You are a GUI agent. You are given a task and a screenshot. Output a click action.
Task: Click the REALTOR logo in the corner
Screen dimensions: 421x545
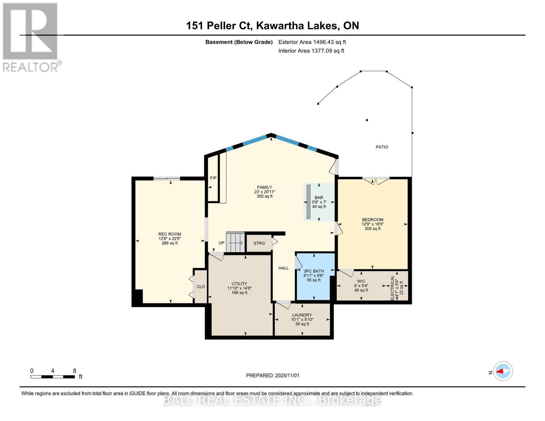point(31,37)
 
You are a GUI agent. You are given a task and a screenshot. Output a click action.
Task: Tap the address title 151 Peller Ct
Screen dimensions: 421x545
point(272,26)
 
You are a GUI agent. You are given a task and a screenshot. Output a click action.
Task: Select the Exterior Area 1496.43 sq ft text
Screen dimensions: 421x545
point(312,42)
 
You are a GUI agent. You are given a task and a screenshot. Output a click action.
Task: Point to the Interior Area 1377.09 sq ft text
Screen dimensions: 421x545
point(311,51)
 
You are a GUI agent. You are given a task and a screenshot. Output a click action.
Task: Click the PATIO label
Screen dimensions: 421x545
point(382,147)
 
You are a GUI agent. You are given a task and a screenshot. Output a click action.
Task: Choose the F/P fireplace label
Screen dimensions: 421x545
point(213,178)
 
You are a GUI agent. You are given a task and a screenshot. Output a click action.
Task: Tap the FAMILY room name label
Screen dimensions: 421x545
point(264,187)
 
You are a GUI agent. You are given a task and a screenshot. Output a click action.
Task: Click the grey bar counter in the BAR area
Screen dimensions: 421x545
point(308,202)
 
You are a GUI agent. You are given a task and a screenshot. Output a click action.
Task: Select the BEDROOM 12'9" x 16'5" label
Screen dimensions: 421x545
point(372,224)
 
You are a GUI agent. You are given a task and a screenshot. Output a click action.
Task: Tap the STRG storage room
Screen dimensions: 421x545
point(259,243)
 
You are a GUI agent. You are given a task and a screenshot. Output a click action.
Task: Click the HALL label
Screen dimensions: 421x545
point(284,268)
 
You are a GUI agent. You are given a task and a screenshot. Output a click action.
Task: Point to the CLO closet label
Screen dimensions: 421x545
point(201,287)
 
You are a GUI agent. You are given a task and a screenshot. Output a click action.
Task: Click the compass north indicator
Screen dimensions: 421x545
point(503,371)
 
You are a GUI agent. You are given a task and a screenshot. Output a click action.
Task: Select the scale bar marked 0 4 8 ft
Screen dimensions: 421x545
point(53,377)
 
